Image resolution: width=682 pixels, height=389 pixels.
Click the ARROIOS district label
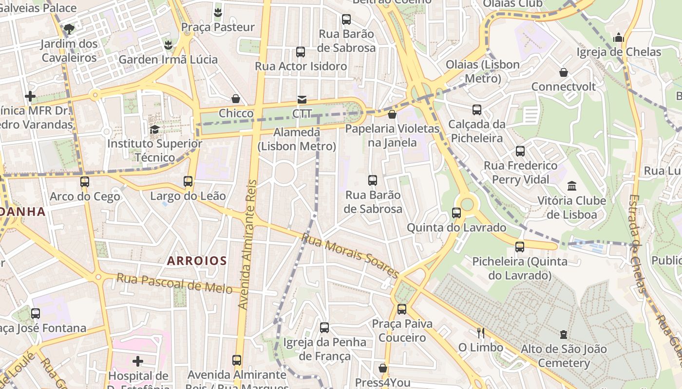[197, 261]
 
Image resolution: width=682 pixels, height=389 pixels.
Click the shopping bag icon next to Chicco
[236, 99]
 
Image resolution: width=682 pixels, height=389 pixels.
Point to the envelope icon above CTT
[302, 99]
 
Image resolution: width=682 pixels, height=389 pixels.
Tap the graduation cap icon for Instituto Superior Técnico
[154, 129]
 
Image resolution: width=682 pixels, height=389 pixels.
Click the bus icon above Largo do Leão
[188, 181]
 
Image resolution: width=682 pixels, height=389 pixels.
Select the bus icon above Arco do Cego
[85, 182]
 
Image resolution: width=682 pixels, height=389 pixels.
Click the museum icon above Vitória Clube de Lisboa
[571, 186]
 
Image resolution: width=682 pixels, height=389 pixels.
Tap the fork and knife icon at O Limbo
[481, 333]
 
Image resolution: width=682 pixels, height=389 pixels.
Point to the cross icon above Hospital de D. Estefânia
[138, 361]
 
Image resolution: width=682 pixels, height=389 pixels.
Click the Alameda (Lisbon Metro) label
[297, 139]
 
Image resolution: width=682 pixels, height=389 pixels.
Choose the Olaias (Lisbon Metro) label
[483, 71]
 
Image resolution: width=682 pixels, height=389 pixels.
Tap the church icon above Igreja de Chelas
[619, 37]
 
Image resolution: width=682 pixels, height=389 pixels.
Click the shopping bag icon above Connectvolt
[564, 72]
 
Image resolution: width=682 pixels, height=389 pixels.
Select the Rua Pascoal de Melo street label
[174, 283]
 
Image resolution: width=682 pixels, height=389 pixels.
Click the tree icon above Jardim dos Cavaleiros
[69, 29]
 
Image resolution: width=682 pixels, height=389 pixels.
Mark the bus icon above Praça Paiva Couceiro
[402, 309]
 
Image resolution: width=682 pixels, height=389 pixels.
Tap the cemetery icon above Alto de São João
[564, 334]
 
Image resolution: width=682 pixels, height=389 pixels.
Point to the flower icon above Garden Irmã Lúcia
[168, 45]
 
